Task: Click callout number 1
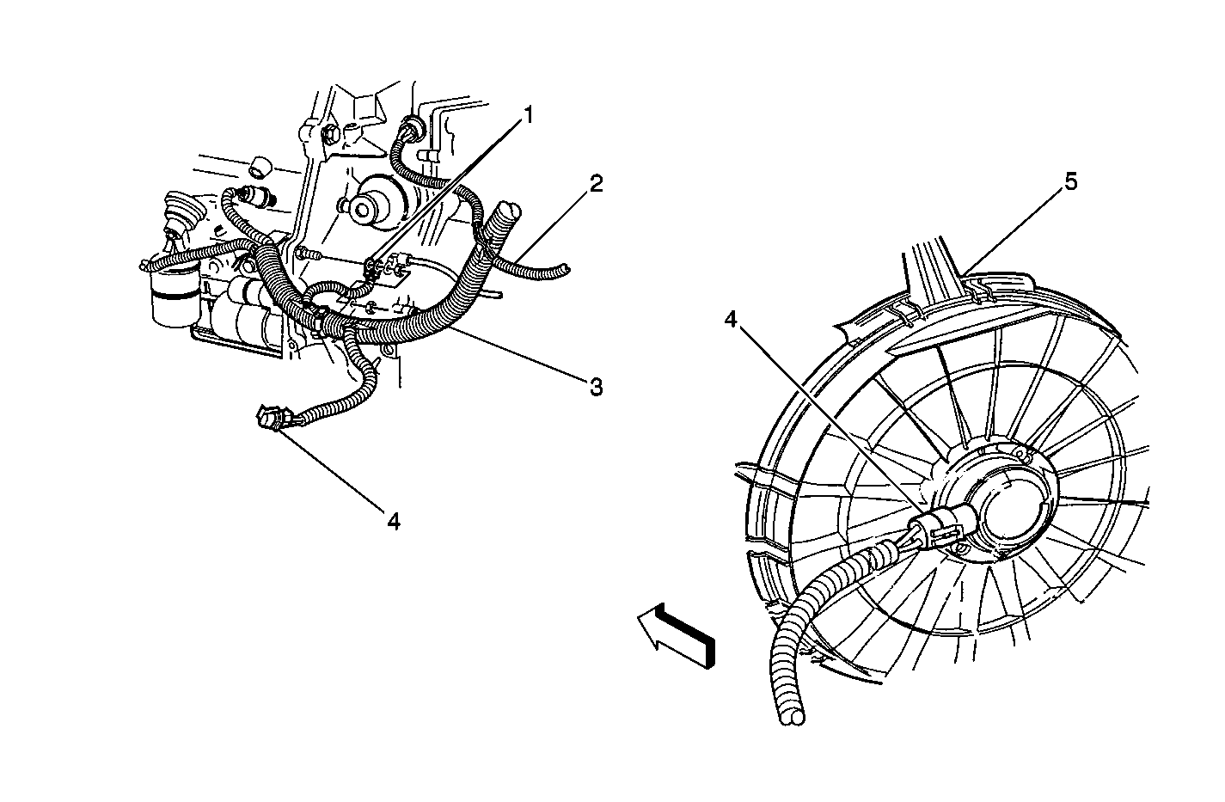528,116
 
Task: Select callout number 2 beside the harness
596,184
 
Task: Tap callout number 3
596,387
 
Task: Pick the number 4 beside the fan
732,319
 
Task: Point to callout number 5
1070,182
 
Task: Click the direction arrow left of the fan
677,635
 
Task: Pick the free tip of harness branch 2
566,269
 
